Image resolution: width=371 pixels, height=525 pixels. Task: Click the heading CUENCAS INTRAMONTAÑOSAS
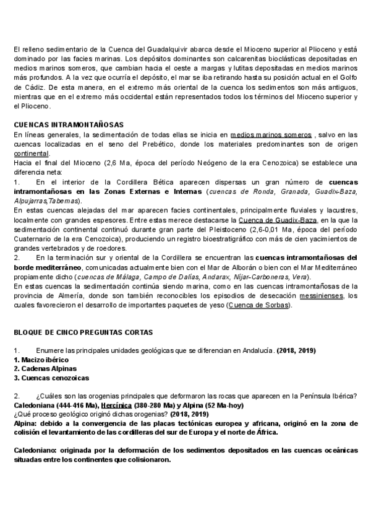tap(68, 124)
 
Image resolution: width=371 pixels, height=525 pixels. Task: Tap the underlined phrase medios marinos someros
tap(270, 134)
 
